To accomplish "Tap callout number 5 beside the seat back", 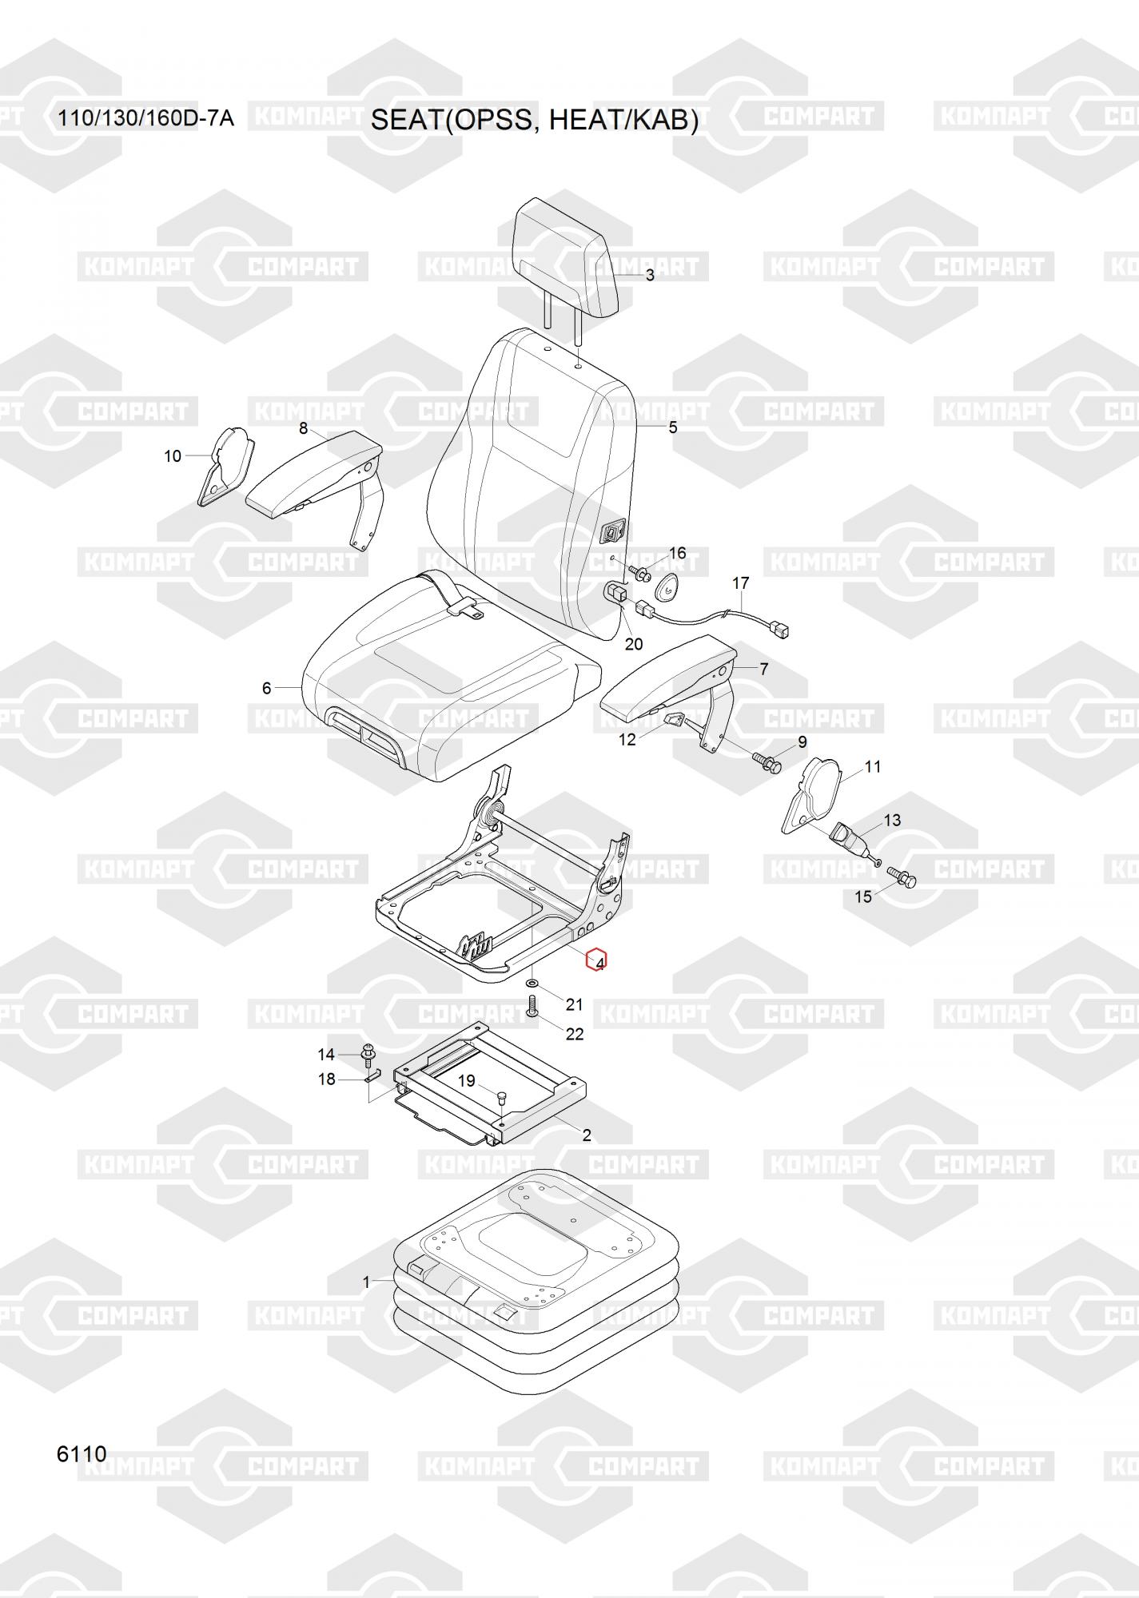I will [673, 427].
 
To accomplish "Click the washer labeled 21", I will [533, 981].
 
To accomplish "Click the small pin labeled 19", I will [501, 1096].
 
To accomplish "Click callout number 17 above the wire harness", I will [740, 583].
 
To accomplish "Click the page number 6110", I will [82, 1453].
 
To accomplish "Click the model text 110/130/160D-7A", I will [145, 119].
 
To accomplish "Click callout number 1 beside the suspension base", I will [367, 1282].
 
